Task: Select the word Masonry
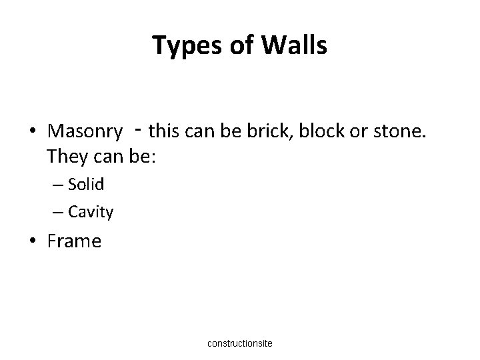click(x=85, y=131)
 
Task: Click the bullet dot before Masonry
click(x=33, y=131)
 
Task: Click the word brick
click(x=270, y=131)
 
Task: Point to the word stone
click(x=397, y=131)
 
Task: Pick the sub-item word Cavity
click(x=91, y=213)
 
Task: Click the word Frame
click(x=74, y=241)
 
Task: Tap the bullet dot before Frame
click(x=33, y=241)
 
